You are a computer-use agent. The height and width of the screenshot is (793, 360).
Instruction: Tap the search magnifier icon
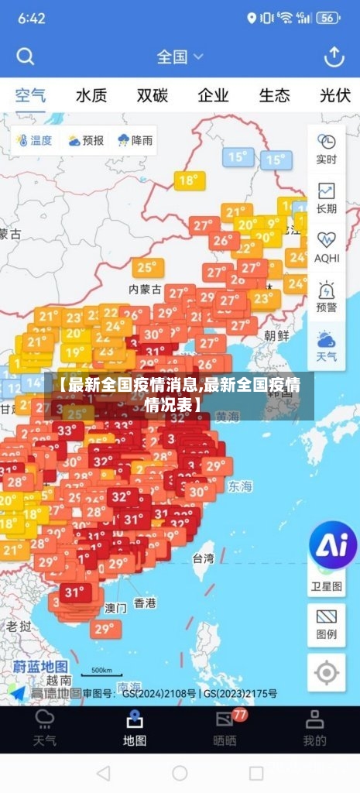pos(26,57)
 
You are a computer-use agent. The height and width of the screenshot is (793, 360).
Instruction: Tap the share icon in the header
pos(334,57)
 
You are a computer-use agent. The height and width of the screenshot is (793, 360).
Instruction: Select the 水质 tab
pos(91,96)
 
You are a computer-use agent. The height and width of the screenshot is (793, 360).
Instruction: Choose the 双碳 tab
pos(153,96)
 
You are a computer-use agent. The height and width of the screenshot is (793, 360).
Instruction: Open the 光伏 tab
pos(335,96)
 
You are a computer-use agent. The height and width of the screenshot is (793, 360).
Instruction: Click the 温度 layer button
pos(33,140)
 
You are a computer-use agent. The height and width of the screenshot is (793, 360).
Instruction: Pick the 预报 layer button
pos(85,140)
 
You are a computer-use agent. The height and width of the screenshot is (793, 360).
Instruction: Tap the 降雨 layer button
pos(135,140)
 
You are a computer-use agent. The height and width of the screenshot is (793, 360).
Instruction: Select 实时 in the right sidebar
pos(327,149)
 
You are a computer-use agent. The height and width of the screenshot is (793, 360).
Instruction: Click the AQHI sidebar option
pos(327,247)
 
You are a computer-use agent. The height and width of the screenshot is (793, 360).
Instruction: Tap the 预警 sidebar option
pos(327,297)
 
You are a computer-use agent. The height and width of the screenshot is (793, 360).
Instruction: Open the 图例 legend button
pos(327,624)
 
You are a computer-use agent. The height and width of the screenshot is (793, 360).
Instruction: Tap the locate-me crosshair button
pos(327,673)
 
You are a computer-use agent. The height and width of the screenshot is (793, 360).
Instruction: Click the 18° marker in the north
pos(188,181)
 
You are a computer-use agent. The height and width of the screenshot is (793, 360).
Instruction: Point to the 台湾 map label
pos(203,558)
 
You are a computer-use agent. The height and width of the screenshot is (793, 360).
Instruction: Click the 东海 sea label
pos(240,486)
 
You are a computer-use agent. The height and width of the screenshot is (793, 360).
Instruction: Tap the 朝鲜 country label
pos(276,335)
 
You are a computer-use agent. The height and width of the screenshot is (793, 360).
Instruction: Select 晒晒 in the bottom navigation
pos(225,730)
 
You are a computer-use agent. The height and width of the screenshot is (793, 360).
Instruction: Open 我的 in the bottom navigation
pos(314,730)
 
